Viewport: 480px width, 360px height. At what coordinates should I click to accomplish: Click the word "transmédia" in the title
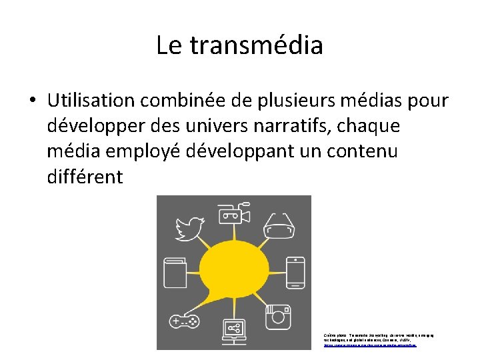pyautogui.click(x=257, y=45)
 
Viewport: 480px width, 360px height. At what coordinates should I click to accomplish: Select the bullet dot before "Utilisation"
pyautogui.click(x=32, y=101)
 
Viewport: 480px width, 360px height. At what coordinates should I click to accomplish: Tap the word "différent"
pyautogui.click(x=85, y=177)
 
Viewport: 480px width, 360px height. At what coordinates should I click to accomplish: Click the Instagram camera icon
pyautogui.click(x=279, y=315)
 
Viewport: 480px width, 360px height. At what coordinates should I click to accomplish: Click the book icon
pyautogui.click(x=175, y=272)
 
